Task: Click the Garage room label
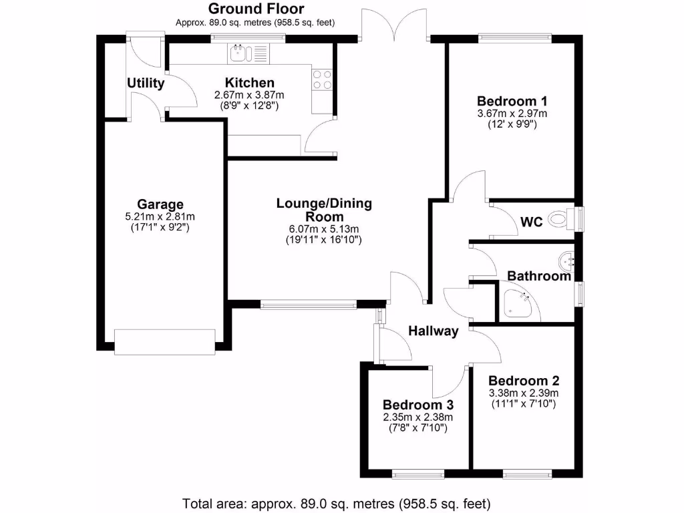(160, 204)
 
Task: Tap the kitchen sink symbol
(248, 53)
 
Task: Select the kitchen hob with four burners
(323, 79)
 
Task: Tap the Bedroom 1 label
(512, 102)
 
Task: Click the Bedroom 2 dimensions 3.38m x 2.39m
(523, 393)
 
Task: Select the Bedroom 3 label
(418, 405)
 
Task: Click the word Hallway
(434, 331)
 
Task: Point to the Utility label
(146, 83)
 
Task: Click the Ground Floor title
(256, 9)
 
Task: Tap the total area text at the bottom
(337, 503)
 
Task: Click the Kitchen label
(249, 83)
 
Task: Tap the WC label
(532, 222)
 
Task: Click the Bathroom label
(539, 276)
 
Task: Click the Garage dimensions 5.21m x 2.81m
(160, 216)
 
